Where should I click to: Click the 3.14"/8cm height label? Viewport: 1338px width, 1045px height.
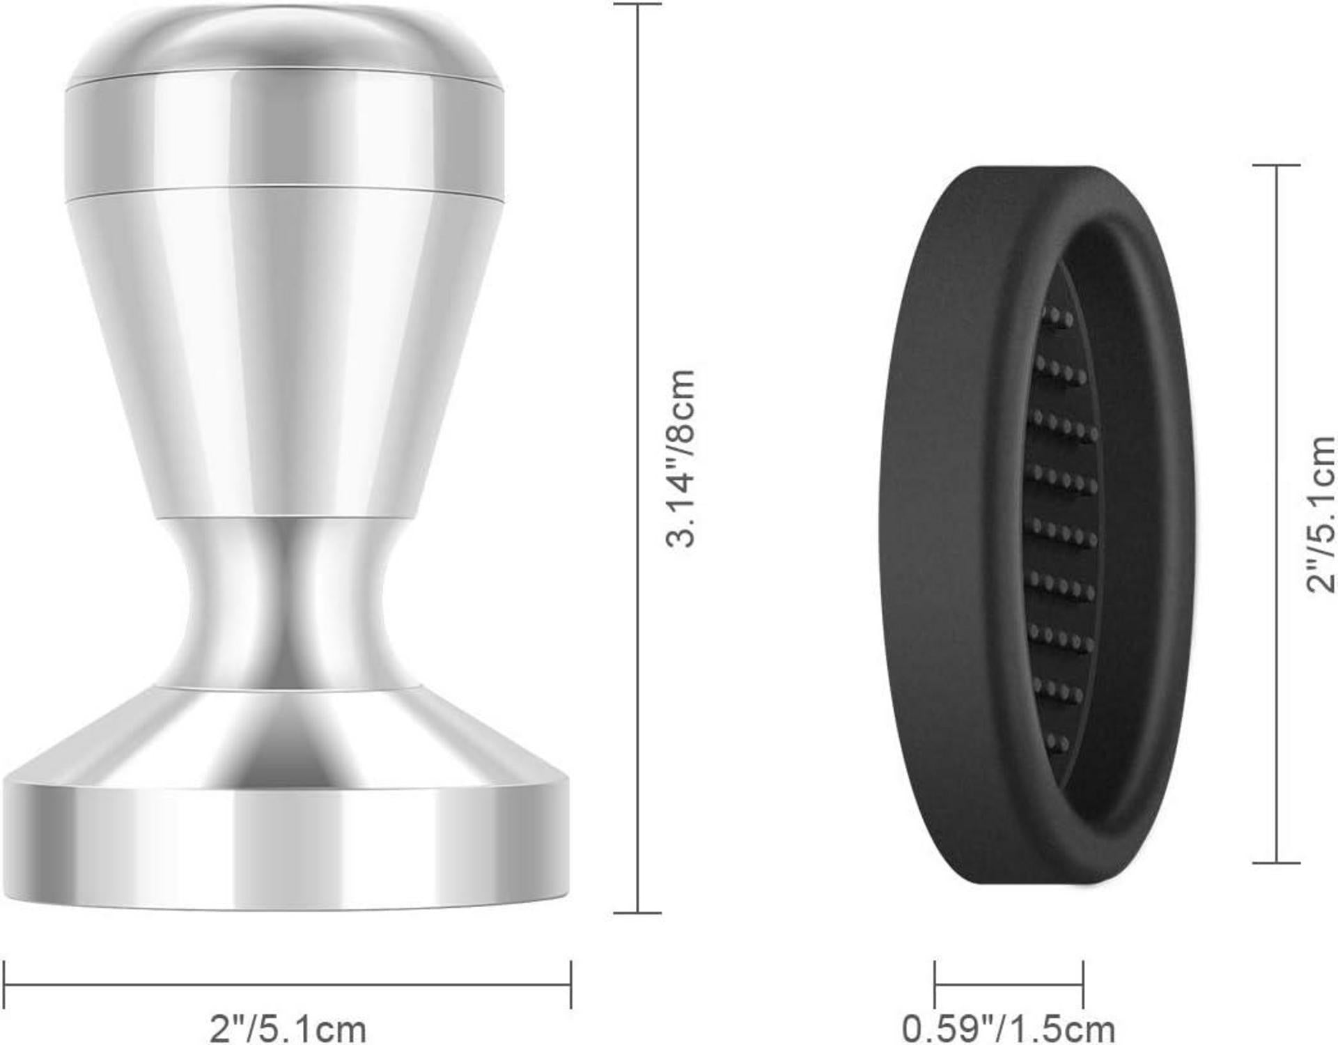(680, 458)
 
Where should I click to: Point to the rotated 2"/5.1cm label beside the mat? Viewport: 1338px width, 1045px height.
(1320, 514)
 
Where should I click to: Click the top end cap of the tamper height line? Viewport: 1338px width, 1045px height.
(637, 4)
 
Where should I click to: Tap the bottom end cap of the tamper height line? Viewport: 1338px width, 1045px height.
(637, 913)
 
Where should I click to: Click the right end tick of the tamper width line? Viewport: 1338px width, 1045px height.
(570, 984)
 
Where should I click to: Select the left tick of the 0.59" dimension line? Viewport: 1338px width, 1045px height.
(935, 984)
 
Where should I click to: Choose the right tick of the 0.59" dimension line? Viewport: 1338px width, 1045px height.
(1083, 984)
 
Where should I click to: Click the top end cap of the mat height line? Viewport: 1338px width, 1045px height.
(1276, 165)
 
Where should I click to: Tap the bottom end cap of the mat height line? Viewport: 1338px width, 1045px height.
(1276, 862)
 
